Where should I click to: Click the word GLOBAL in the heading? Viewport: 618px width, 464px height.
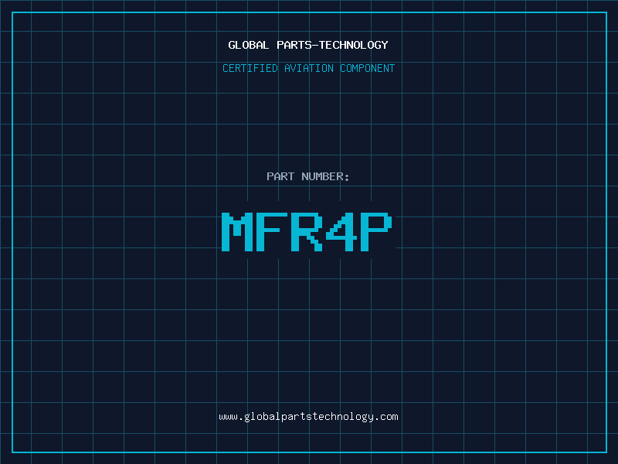tap(248, 45)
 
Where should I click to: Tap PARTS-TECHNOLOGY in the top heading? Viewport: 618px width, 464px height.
tap(332, 45)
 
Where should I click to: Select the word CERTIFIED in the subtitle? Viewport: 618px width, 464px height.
tap(250, 68)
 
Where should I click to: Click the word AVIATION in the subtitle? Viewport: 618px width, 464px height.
tap(308, 68)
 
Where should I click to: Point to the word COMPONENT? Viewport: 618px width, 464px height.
tap(367, 68)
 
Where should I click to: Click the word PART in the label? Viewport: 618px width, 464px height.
tap(280, 176)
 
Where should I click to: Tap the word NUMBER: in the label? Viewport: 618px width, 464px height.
tap(325, 176)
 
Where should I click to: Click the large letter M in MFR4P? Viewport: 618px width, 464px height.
tap(237, 231)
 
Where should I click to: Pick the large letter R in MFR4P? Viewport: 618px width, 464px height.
tap(307, 231)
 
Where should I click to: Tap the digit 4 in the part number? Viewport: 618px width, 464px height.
tap(341, 231)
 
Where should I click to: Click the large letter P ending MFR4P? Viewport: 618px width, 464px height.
tap(376, 231)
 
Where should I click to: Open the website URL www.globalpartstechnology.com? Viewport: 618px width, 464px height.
tap(308, 417)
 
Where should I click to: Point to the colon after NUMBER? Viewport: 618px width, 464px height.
tap(347, 178)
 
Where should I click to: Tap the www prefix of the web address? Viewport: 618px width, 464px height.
tap(228, 417)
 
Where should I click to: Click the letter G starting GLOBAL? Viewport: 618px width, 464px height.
tap(232, 45)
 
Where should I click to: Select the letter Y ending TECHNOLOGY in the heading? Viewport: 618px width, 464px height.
tap(384, 45)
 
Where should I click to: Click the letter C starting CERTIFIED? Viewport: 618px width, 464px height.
tap(226, 68)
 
